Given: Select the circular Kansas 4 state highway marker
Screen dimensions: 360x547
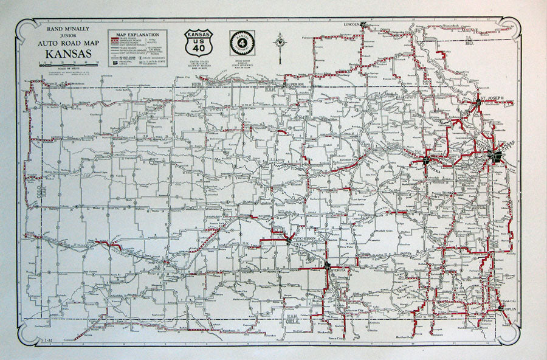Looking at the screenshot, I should [x=242, y=43].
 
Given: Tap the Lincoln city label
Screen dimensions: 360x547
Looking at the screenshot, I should [x=352, y=25].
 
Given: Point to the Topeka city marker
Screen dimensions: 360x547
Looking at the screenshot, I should [x=427, y=161].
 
